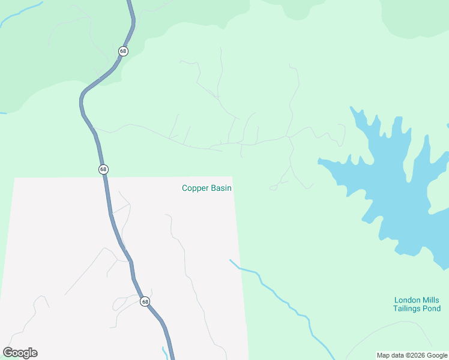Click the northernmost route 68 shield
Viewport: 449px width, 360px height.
[123, 51]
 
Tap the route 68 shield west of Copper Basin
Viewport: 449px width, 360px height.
[103, 169]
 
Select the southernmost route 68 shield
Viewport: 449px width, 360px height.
[145, 301]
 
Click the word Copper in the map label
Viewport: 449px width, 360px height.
[195, 188]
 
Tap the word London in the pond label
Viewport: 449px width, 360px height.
[406, 300]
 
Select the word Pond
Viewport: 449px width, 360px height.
[433, 308]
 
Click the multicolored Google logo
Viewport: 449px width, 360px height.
[20, 353]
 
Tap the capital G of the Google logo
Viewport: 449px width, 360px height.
[8, 352]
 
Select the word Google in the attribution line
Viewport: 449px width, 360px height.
[437, 355]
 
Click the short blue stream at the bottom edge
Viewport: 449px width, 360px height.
[165, 352]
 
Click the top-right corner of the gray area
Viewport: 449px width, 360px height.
[232, 178]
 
